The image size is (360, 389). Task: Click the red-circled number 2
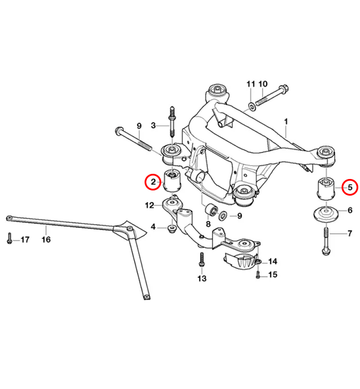coord(152,182)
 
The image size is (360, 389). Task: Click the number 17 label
coord(25,240)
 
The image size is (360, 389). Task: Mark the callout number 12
coord(149,206)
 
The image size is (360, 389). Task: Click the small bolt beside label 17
coord(8,240)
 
